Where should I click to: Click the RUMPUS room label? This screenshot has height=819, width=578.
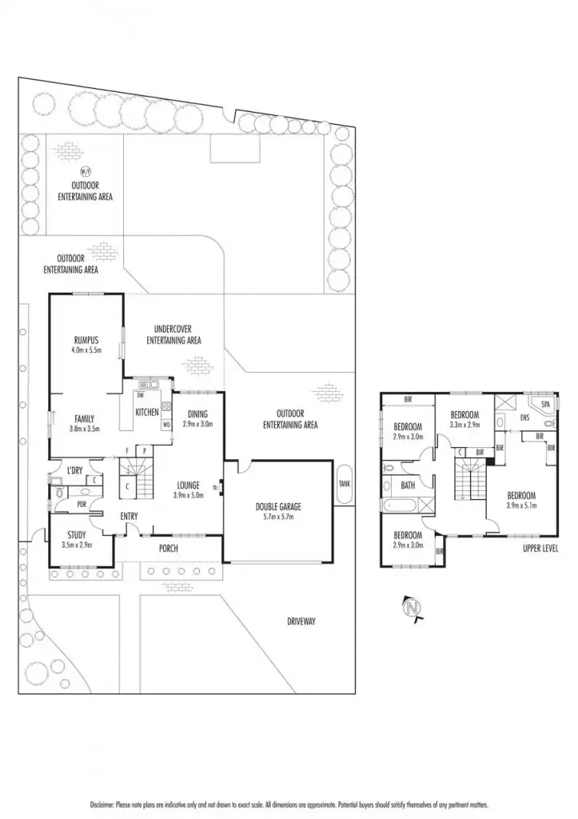click(86, 339)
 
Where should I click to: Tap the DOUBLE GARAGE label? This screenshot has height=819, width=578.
click(278, 506)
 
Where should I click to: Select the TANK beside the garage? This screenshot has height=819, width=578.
click(344, 483)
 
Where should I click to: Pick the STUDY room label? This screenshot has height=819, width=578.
click(77, 535)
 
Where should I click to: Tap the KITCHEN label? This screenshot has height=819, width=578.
click(147, 412)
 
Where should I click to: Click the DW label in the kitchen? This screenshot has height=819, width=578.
click(140, 395)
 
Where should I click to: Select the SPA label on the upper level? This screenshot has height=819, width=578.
click(546, 405)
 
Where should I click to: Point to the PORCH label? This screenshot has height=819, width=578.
click(168, 549)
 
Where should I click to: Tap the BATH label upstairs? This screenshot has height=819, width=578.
click(408, 485)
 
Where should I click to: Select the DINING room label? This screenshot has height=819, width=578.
click(197, 413)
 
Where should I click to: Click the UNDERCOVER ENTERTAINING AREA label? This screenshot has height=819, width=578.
click(173, 334)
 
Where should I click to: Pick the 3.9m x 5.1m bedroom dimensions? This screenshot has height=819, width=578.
click(520, 505)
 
